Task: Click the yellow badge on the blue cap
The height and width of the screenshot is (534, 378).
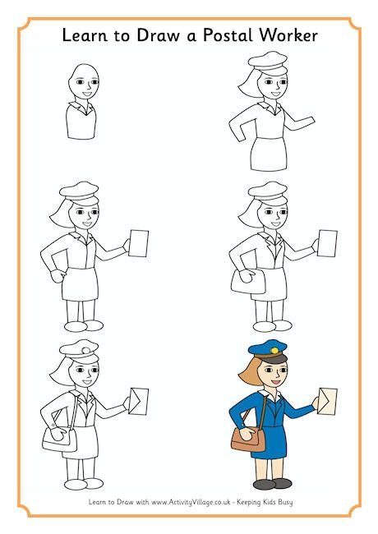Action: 274,350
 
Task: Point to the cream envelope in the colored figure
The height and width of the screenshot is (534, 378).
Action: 327,401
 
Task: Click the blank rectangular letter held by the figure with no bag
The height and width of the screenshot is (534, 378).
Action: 139,243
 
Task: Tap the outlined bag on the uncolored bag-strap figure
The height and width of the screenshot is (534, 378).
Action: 60,440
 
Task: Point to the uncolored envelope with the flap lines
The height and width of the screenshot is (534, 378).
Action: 138,401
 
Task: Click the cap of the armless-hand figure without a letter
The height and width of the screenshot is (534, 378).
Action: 268,63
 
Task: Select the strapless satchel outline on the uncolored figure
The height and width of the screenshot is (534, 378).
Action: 249,281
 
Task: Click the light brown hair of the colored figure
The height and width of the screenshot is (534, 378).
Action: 251,373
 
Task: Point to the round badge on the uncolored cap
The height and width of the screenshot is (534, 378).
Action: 85,350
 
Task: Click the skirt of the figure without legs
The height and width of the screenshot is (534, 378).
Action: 269,154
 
